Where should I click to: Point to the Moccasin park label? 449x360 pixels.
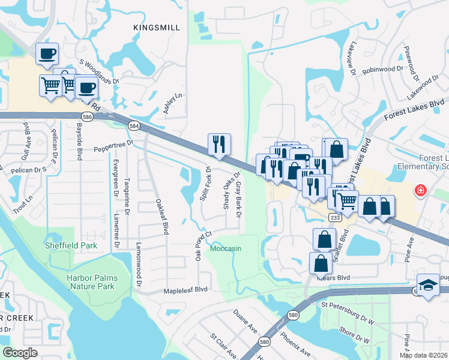[x=226, y=247]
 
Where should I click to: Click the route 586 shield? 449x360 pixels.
[x=88, y=118]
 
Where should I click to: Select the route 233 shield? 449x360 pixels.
[x=335, y=218]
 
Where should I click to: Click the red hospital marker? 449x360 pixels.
[x=421, y=191]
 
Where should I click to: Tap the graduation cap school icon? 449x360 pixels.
[x=428, y=285]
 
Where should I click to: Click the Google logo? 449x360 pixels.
[x=20, y=353]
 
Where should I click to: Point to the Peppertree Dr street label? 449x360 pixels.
[x=113, y=145]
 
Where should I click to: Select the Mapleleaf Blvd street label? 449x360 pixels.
[x=185, y=289]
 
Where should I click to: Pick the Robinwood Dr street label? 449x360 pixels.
[x=382, y=70]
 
